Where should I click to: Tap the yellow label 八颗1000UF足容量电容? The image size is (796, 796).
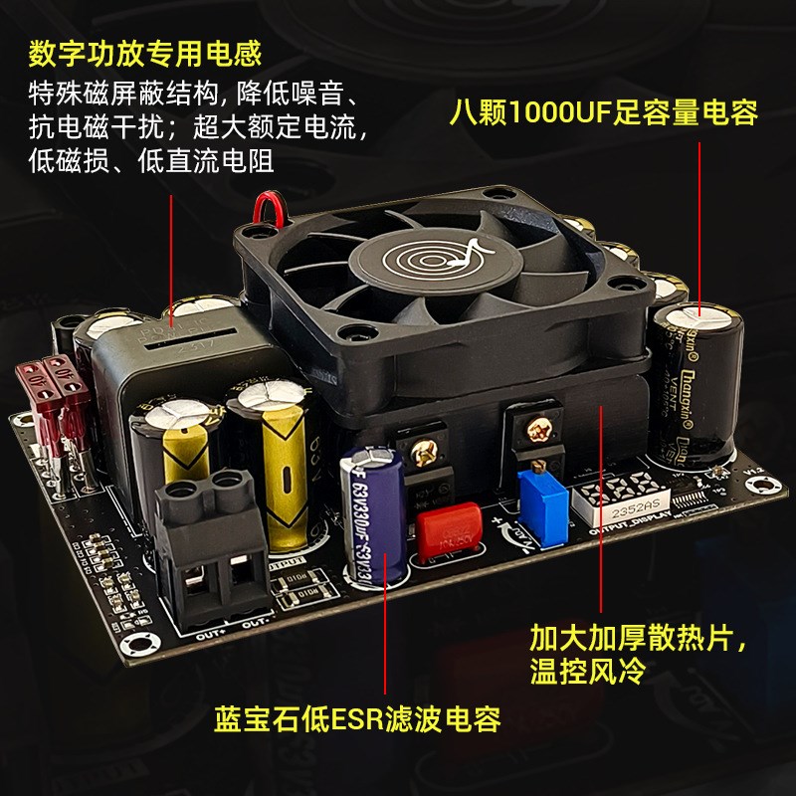[x=603, y=111]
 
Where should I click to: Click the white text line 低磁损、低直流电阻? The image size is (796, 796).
[x=150, y=160]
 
